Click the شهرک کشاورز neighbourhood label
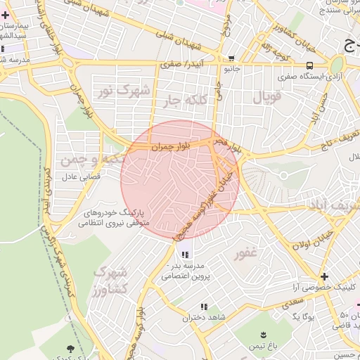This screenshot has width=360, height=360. (111, 279)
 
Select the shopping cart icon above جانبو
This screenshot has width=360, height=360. (231, 59)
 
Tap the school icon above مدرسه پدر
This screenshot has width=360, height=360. (184, 255)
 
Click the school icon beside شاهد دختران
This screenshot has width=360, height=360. (204, 307)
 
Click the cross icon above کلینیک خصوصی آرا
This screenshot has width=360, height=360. (324, 276)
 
